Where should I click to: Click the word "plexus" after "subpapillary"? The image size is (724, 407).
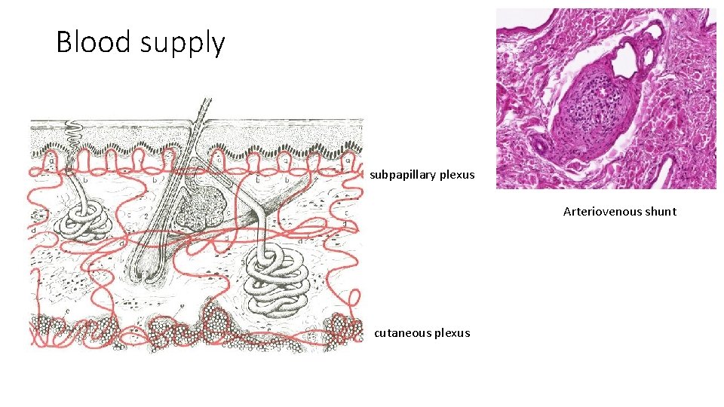458,175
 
